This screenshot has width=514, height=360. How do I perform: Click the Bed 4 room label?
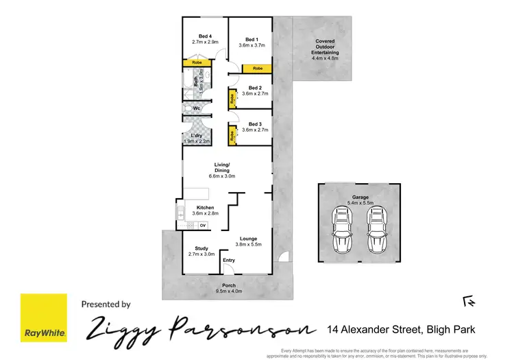point(204,36)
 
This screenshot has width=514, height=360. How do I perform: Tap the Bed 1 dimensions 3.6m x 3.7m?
point(252,45)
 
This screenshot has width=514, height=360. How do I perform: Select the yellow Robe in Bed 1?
point(258,69)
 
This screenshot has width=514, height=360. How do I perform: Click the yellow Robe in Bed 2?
point(233,99)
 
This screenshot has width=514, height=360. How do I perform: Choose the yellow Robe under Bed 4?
point(197,63)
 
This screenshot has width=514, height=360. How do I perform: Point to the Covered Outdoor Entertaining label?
point(326,47)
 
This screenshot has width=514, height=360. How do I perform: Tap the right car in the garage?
point(377,230)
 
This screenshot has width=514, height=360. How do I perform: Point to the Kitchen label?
point(206,208)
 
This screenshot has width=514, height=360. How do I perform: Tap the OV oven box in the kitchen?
point(203,225)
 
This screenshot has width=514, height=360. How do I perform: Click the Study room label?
point(201,248)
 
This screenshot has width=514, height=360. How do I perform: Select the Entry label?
point(229,260)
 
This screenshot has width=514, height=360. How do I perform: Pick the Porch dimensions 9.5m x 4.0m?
point(228,291)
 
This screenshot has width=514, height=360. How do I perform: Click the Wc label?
point(196,108)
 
